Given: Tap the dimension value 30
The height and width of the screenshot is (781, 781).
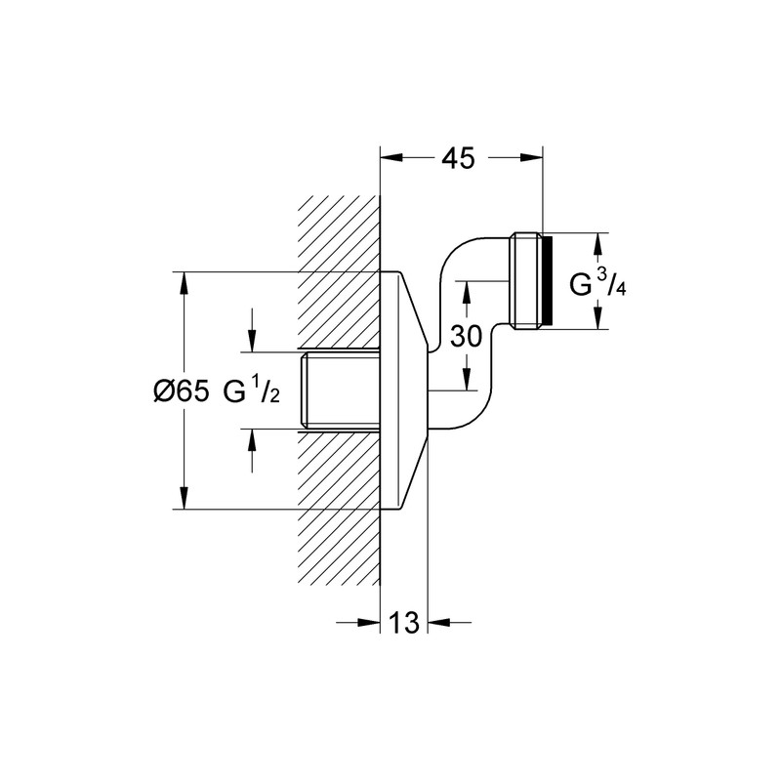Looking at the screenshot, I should pyautogui.click(x=467, y=338).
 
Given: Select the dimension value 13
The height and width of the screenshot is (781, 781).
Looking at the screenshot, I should pyautogui.click(x=404, y=621).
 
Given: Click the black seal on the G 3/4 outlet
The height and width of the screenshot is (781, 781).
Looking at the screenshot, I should pyautogui.click(x=547, y=281).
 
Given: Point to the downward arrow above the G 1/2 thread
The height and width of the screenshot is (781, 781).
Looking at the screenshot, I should pyautogui.click(x=252, y=342).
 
